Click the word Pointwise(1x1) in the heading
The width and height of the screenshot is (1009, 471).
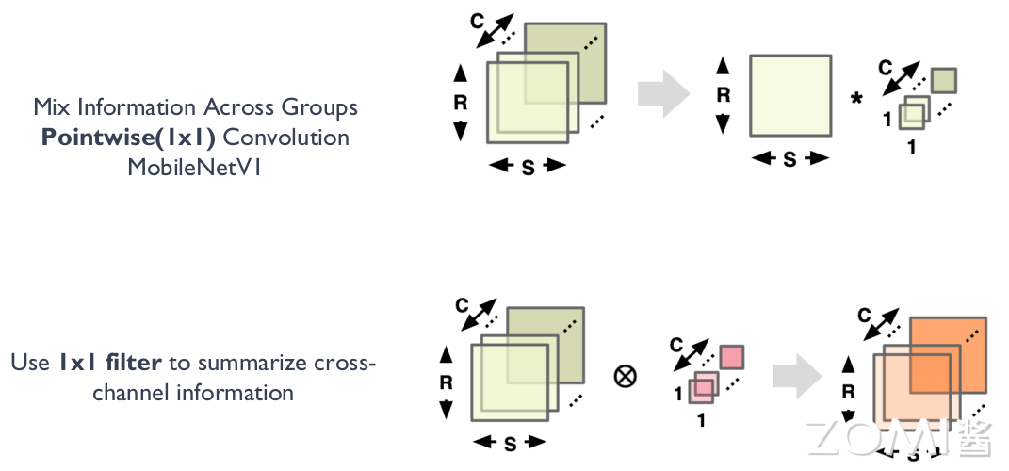pos(128,138)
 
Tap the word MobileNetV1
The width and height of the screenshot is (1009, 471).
pos(195,168)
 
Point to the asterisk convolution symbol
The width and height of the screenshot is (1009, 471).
pos(856,99)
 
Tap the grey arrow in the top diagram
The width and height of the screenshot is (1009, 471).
pos(662,94)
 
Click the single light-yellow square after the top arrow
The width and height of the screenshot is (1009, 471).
pos(789,95)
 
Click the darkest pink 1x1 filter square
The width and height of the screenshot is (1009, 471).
pos(731,358)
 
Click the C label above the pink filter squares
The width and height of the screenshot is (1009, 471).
pos(675,345)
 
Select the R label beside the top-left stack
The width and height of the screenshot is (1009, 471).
pos(460,103)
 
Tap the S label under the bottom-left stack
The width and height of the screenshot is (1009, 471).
pos(510,444)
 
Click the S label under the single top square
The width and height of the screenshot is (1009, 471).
pos(789,160)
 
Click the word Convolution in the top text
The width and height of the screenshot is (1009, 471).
pos(285,138)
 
